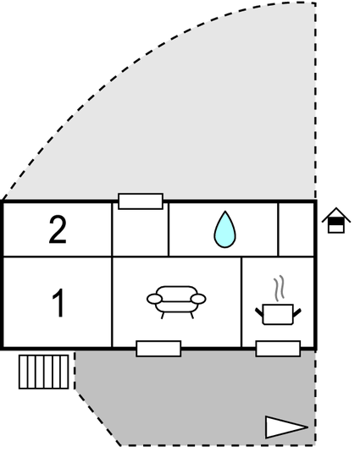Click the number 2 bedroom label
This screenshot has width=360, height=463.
tap(58, 229)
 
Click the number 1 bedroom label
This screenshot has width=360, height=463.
tap(58, 303)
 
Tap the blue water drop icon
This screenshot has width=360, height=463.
tap(225, 229)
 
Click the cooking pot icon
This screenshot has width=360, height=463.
tap(278, 314)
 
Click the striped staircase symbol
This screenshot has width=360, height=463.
tap(44, 372)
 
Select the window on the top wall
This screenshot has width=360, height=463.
tap(141, 201)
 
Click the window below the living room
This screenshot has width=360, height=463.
tap(158, 349)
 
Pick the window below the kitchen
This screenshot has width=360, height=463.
tap(278, 349)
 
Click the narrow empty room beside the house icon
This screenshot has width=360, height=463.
tap(296, 229)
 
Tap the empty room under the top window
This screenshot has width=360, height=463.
tap(141, 233)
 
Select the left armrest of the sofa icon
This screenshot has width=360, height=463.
tap(154, 299)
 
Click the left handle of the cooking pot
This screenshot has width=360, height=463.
tap(259, 312)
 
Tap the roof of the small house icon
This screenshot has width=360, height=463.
tap(336, 214)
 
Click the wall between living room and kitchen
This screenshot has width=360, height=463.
tap(241, 302)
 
